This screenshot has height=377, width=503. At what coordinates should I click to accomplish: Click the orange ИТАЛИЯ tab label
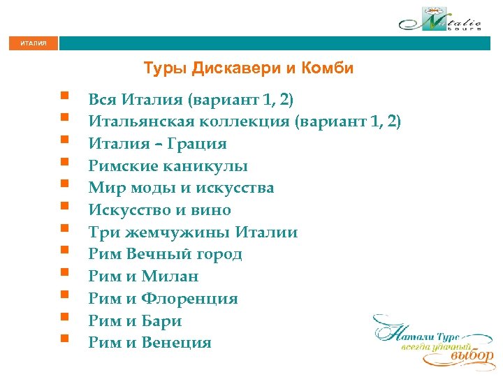(34, 43)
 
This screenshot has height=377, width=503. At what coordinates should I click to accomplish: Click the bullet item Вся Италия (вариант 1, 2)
(186, 99)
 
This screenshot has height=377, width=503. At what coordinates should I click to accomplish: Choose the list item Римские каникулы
(168, 166)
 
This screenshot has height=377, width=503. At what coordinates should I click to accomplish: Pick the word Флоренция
(189, 299)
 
